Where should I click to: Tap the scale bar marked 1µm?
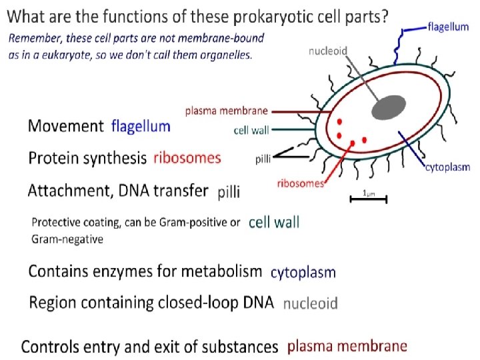pyautogui.click(x=367, y=198)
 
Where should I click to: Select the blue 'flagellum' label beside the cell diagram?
pyautogui.click(x=447, y=27)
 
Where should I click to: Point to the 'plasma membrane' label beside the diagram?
pyautogui.click(x=227, y=111)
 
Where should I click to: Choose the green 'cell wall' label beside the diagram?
pyautogui.click(x=251, y=131)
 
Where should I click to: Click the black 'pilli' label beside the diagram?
pyautogui.click(x=263, y=159)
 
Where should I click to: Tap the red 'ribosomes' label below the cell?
pyautogui.click(x=300, y=183)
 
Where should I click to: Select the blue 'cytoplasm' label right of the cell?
pyautogui.click(x=447, y=167)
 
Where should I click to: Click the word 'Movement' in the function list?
pyautogui.click(x=65, y=126)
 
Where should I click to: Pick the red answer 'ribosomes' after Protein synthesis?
pyautogui.click(x=187, y=158)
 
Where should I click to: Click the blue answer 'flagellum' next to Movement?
pyautogui.click(x=141, y=126)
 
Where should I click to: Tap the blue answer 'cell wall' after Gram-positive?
pyautogui.click(x=274, y=223)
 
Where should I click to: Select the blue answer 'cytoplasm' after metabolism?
pyautogui.click(x=303, y=272)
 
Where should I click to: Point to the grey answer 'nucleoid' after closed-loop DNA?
pyautogui.click(x=310, y=303)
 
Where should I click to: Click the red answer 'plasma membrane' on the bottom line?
pyautogui.click(x=347, y=346)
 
